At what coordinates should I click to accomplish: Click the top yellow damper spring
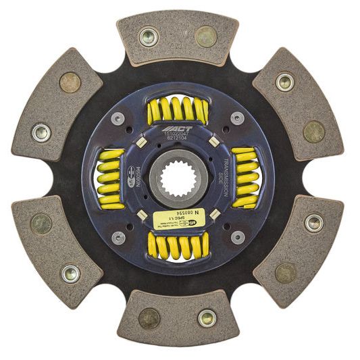[178, 109]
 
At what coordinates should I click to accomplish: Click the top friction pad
[177, 38]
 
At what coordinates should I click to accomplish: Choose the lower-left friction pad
[58, 247]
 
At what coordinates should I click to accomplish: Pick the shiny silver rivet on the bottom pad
[208, 317]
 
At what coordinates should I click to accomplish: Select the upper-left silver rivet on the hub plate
[119, 118]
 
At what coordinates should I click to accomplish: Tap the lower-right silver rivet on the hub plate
[237, 237]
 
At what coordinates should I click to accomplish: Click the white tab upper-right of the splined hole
[213, 143]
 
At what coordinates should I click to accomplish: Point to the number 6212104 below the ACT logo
[177, 139]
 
